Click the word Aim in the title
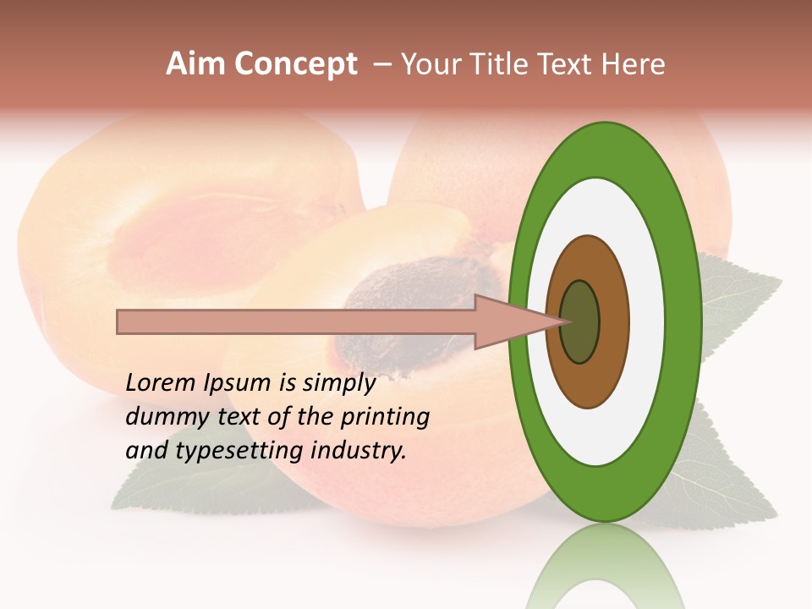(x=195, y=64)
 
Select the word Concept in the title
(x=295, y=64)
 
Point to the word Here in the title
(x=634, y=64)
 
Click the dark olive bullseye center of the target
(x=580, y=321)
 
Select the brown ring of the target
(x=614, y=321)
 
